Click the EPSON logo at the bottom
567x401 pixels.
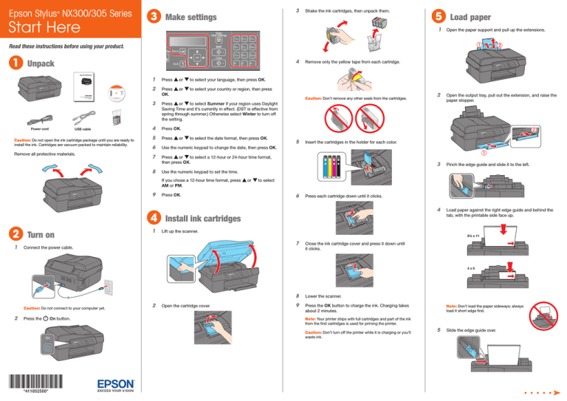click(x=116, y=385)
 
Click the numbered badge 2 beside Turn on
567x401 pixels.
click(x=14, y=235)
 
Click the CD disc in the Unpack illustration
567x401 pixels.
click(x=109, y=92)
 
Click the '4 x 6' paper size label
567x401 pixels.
click(x=532, y=269)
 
